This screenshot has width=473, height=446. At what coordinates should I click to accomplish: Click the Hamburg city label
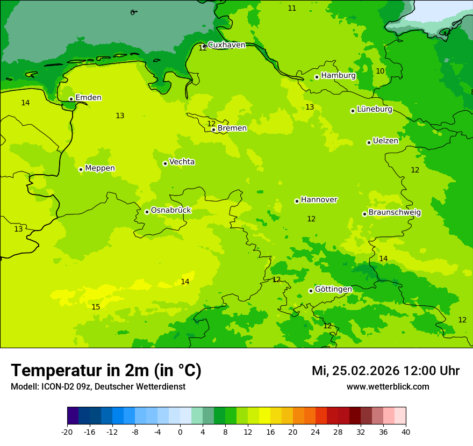(x=338, y=76)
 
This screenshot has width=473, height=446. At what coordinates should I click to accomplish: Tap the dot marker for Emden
(x=71, y=99)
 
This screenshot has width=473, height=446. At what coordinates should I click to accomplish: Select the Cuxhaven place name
(x=226, y=45)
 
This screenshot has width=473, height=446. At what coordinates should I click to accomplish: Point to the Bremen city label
(x=232, y=128)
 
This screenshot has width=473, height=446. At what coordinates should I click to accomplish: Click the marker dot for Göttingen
(x=311, y=291)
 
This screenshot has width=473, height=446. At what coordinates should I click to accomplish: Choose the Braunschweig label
(x=395, y=213)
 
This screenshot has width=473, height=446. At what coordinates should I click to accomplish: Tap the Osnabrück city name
(x=171, y=211)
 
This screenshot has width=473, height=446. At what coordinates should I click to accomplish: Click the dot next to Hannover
(x=297, y=201)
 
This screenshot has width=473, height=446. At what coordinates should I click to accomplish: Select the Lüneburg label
(x=375, y=110)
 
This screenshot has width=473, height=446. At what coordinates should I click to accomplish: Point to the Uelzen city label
(x=385, y=141)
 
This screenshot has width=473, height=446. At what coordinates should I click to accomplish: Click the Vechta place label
(x=182, y=162)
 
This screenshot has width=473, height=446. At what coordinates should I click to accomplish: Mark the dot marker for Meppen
(x=81, y=169)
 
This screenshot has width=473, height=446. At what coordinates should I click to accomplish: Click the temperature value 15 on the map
(x=96, y=307)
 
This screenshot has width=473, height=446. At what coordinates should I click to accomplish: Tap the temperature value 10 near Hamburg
(x=380, y=71)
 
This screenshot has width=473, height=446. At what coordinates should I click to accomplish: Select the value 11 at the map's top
(x=292, y=8)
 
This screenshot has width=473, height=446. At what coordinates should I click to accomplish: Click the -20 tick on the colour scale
(x=67, y=431)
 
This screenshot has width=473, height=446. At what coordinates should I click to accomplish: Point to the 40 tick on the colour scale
(x=406, y=431)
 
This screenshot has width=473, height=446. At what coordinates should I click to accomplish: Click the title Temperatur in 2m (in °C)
(x=106, y=371)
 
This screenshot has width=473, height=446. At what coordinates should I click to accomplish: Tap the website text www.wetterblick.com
(x=388, y=387)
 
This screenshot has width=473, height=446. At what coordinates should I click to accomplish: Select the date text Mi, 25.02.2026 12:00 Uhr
(x=385, y=371)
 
